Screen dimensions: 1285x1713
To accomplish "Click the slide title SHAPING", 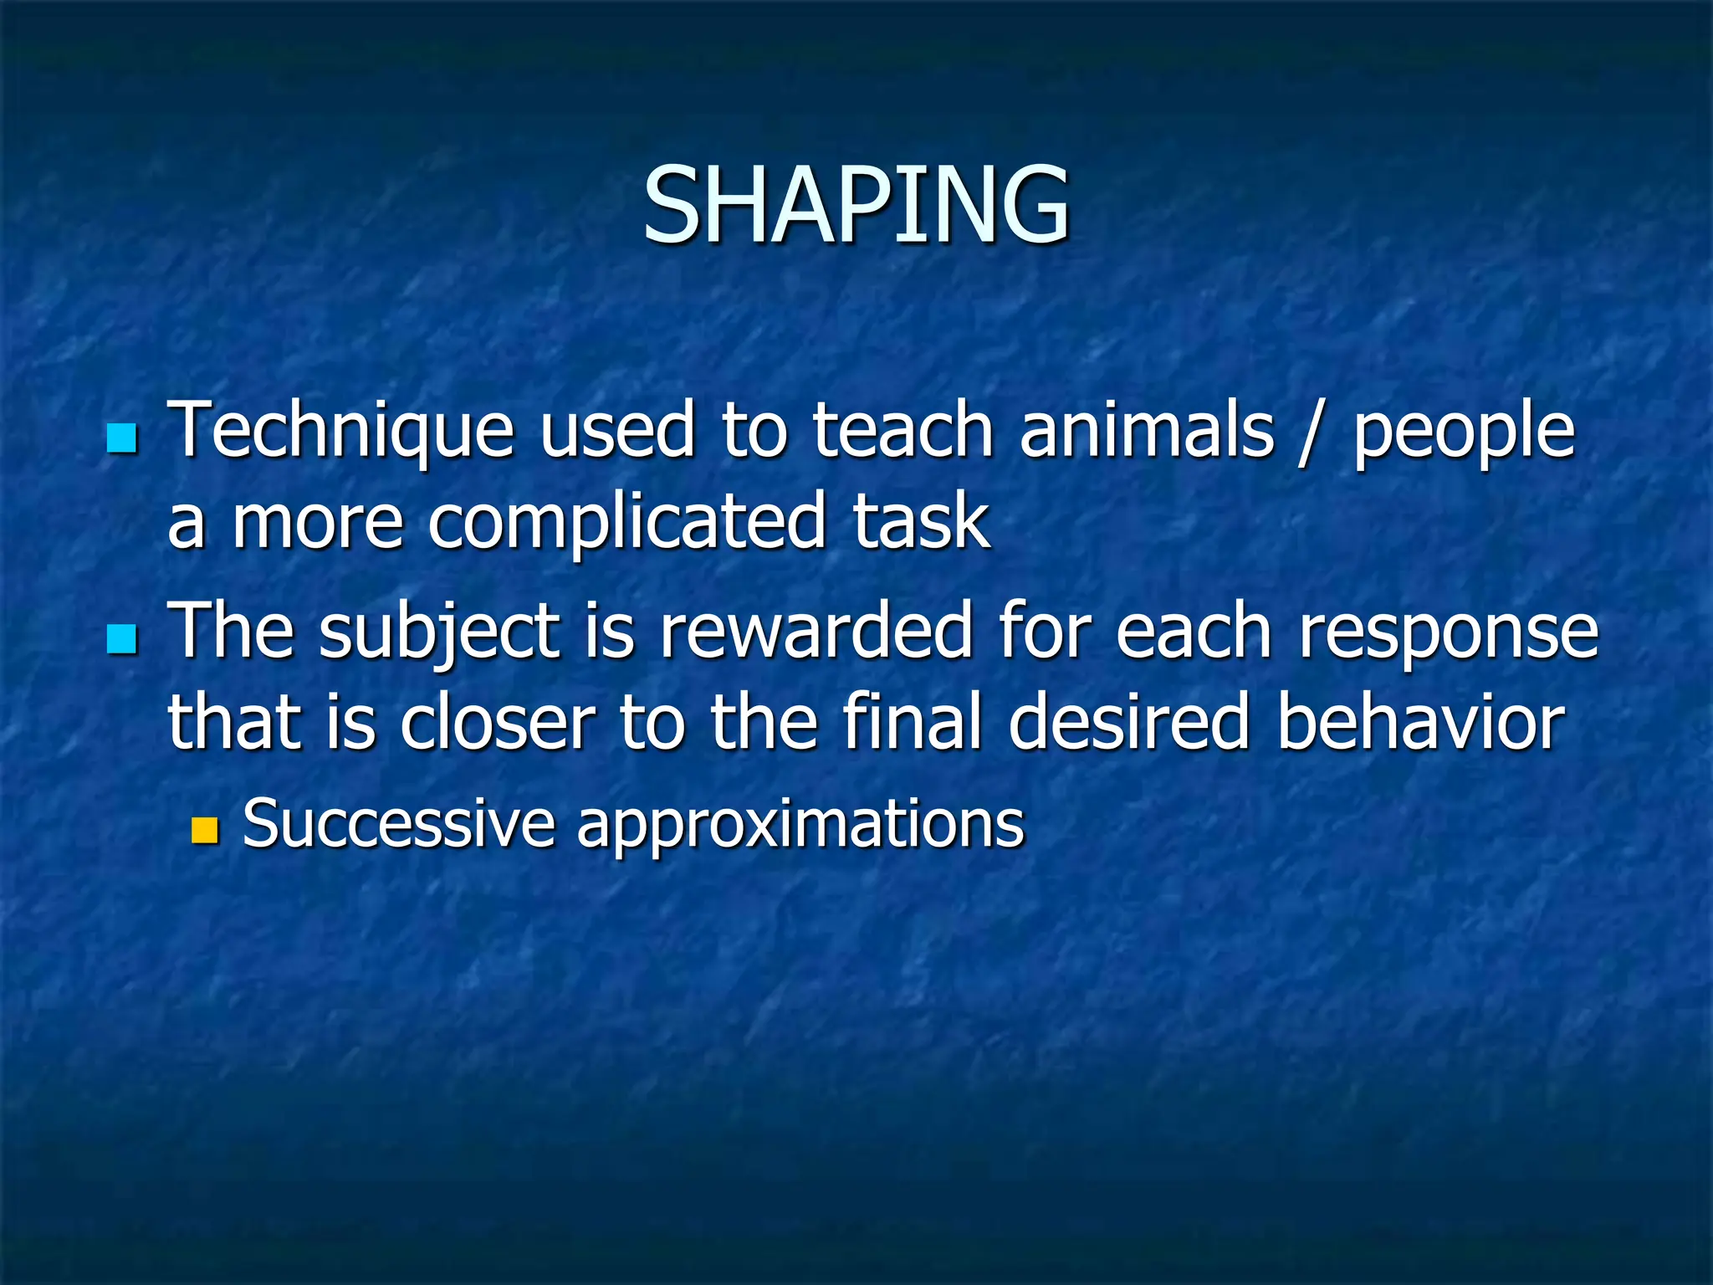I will click(856, 205).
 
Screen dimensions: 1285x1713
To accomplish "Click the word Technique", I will click(340, 431).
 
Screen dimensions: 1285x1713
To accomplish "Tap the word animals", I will click(1146, 431).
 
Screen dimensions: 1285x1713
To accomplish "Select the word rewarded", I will click(816, 632).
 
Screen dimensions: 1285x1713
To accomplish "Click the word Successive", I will click(398, 823).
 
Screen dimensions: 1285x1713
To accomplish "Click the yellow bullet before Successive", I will click(204, 830).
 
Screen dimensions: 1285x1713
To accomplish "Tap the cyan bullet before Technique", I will click(122, 438).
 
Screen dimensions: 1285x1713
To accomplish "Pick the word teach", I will click(903, 431).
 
